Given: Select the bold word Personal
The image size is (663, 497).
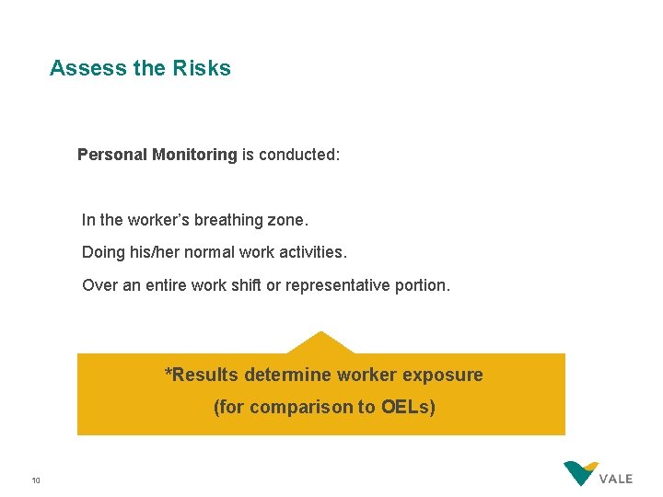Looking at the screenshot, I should pos(111,155).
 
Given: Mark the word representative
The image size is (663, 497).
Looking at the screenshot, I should pos(334,285).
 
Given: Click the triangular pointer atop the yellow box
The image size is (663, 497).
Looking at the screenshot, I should pos(320,343).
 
